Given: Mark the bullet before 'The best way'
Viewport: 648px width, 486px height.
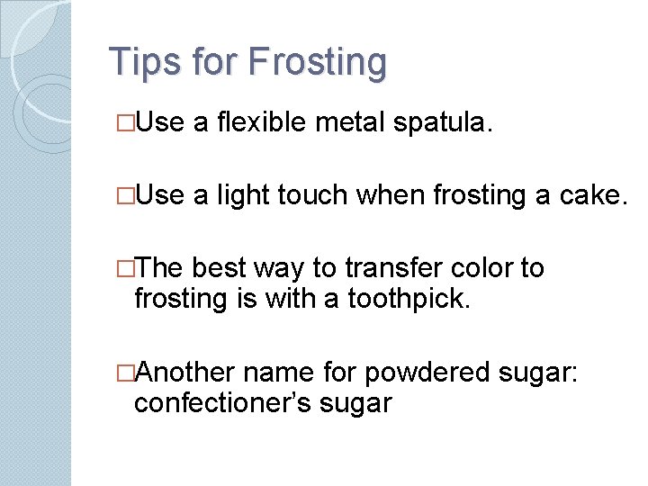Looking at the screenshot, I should (x=126, y=268).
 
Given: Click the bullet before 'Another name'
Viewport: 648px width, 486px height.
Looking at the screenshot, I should (x=126, y=373).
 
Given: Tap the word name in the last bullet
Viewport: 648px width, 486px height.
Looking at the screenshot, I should (x=283, y=373).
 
